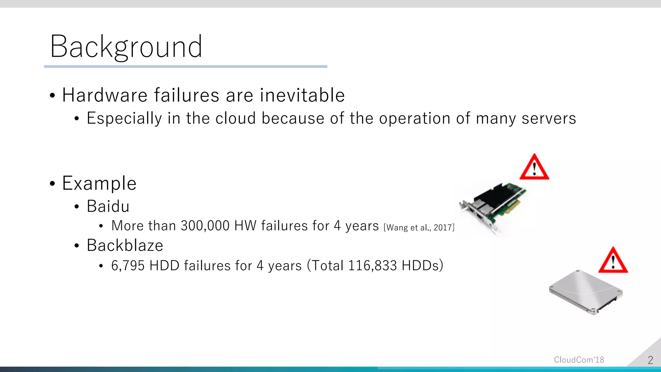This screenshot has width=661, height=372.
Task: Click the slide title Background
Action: click(126, 47)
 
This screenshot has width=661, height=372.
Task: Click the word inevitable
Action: click(302, 95)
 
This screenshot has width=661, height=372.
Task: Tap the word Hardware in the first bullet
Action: click(105, 95)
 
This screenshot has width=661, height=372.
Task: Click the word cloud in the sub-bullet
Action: click(236, 118)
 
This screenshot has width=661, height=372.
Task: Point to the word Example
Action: click(99, 183)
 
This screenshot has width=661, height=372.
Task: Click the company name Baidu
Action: click(108, 206)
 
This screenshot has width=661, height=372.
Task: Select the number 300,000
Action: click(205, 226)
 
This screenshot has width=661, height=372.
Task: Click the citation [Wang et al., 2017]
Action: click(419, 228)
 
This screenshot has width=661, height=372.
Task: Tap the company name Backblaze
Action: click(125, 245)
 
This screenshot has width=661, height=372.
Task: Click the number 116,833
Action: click(372, 266)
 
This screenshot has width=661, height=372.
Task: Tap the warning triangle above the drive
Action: click(613, 261)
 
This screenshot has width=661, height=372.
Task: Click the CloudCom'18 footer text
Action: click(579, 360)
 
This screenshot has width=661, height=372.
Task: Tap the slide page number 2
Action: click(650, 360)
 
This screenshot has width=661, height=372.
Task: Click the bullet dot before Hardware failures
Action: click(53, 96)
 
